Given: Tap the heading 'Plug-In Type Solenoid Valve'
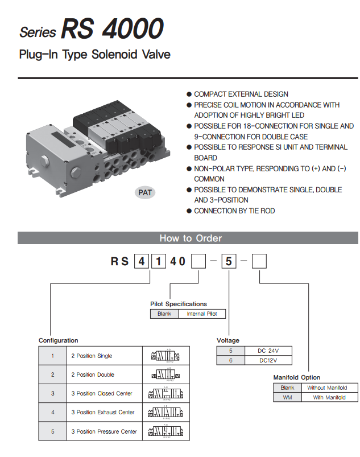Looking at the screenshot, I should click(x=94, y=55).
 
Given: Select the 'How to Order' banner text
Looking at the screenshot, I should click(x=191, y=238).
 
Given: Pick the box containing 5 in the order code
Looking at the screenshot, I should click(x=228, y=262).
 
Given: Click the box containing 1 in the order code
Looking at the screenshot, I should click(x=158, y=262).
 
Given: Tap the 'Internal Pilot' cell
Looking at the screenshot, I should click(x=202, y=314).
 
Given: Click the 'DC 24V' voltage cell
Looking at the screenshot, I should click(x=268, y=351).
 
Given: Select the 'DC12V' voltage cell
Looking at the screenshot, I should click(x=268, y=360).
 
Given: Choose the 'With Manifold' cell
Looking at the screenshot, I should click(x=329, y=397).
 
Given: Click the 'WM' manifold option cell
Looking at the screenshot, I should click(x=287, y=397).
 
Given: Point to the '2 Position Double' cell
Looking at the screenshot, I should click(x=93, y=374).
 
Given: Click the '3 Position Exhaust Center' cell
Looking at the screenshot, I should click(x=103, y=412).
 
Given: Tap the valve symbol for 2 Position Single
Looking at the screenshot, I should click(x=165, y=356).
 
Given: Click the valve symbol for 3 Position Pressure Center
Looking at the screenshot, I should click(x=165, y=431).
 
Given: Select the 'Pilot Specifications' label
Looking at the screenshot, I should click(x=179, y=304).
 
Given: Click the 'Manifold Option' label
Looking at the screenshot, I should click(x=296, y=377).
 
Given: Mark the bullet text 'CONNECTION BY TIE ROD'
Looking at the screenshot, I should click(x=234, y=211).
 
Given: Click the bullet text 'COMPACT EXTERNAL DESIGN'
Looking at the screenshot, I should click(x=241, y=94).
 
